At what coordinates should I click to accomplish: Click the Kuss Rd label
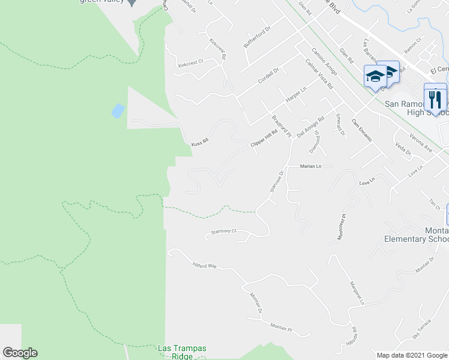(199, 143)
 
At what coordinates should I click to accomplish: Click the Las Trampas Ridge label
(175, 352)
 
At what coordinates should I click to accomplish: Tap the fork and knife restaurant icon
(435, 98)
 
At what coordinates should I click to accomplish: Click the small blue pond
(118, 110)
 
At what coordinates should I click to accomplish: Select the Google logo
(20, 353)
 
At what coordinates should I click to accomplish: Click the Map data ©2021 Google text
(412, 355)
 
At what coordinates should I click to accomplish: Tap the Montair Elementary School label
(417, 235)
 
